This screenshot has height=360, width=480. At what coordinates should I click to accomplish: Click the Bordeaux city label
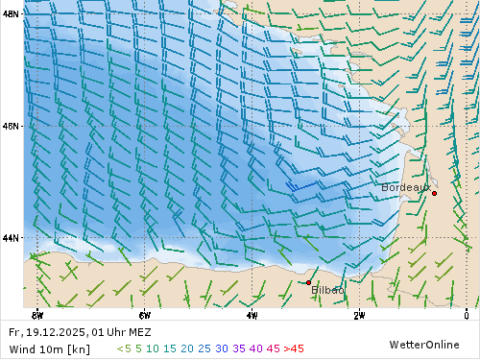tap(404, 187)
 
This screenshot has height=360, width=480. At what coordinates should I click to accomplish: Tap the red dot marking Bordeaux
tap(434, 193)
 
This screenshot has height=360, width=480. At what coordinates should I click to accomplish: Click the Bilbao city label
tap(327, 290)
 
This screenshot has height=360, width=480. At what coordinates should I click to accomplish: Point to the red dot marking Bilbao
tap(308, 282)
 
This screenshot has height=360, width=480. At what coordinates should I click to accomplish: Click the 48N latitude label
tap(12, 14)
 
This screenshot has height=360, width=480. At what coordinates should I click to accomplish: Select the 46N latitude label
tap(12, 126)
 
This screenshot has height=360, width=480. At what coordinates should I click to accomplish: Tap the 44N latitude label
tap(12, 237)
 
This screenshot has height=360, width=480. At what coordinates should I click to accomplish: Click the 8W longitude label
tap(37, 314)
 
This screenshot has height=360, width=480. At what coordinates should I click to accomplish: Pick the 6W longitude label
tap(144, 314)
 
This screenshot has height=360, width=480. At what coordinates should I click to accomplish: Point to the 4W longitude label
tap(252, 314)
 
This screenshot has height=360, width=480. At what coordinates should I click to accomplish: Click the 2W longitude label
tap(358, 314)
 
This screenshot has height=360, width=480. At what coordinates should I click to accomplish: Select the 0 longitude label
tap(466, 314)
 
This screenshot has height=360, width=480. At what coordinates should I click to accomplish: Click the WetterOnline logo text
tap(430, 345)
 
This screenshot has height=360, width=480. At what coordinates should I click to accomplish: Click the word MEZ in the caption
tap(139, 332)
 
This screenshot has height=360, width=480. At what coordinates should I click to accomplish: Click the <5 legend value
tap(124, 348)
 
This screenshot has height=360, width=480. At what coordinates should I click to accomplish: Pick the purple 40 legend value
tap(255, 348)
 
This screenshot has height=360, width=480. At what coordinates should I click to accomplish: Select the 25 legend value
tap(204, 348)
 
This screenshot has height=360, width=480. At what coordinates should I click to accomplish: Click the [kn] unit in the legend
tap(78, 348)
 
